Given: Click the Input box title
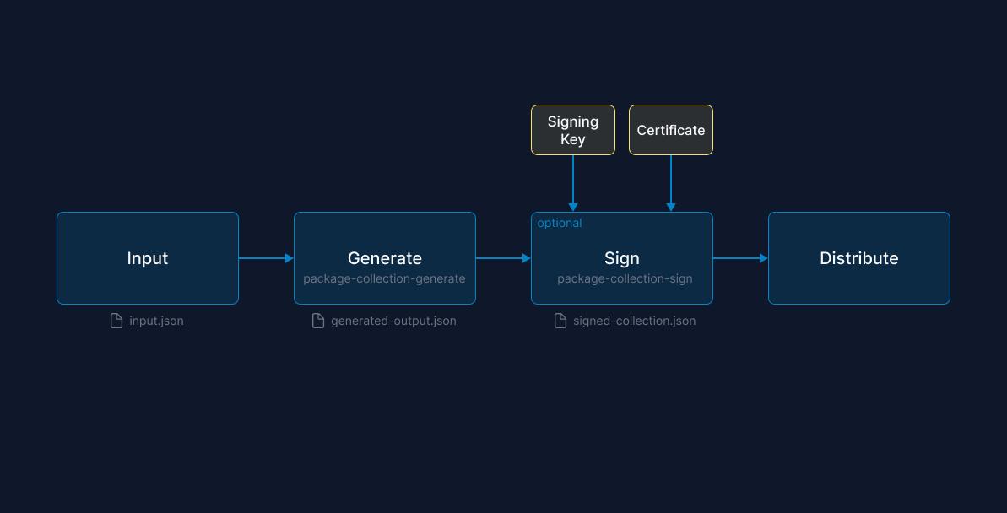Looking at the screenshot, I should [x=148, y=258].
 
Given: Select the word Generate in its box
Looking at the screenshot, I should [x=385, y=258].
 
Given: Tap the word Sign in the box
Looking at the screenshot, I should [x=622, y=258].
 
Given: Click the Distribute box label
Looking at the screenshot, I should [x=858, y=258].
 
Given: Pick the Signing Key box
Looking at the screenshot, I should [x=573, y=130].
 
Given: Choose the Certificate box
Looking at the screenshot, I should [x=671, y=130].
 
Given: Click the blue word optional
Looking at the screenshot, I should [x=560, y=223].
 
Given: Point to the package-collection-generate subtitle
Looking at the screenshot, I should [x=385, y=278].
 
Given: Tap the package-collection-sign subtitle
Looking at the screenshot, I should [x=625, y=278].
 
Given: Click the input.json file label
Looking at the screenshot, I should [x=156, y=321].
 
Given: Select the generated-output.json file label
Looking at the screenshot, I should [x=393, y=321].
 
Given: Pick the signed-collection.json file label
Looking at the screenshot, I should [x=634, y=321].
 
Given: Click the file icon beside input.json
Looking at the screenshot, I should [x=116, y=321].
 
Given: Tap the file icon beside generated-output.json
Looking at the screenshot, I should [x=318, y=321].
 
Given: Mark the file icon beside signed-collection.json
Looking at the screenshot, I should [x=560, y=321].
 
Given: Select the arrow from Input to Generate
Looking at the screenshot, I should [x=266, y=258].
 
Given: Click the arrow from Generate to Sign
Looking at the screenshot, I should [x=503, y=258].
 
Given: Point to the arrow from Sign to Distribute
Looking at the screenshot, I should [x=740, y=258].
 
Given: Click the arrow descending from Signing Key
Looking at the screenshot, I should [x=573, y=183].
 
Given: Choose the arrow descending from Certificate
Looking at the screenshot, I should [x=671, y=183].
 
